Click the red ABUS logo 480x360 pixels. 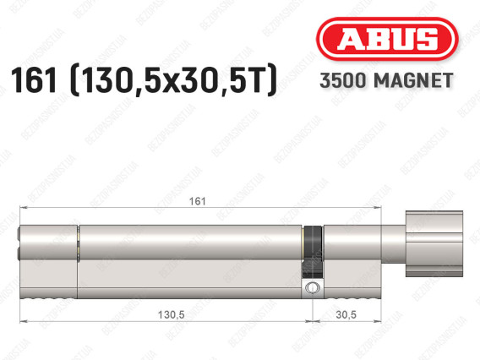387,39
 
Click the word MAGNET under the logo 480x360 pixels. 413,80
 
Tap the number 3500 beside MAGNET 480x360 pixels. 343,80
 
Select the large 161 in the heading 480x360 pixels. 34,80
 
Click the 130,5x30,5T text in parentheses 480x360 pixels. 173,80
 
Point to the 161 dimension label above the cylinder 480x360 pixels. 197,201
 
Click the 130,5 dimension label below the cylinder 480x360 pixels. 171,314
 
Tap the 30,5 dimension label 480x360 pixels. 346,314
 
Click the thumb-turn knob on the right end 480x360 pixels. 434,243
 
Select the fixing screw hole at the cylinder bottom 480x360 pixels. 312,288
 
